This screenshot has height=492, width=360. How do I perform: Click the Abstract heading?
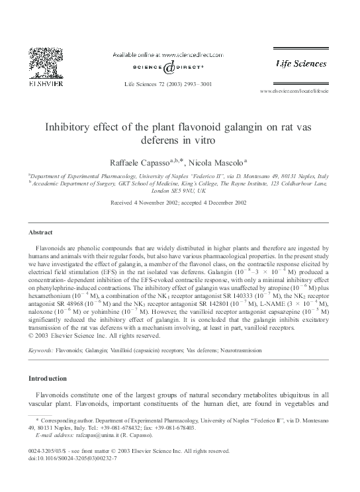(40, 232)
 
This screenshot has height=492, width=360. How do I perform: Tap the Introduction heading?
(48, 378)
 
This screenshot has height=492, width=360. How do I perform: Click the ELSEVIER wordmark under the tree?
(44, 85)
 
